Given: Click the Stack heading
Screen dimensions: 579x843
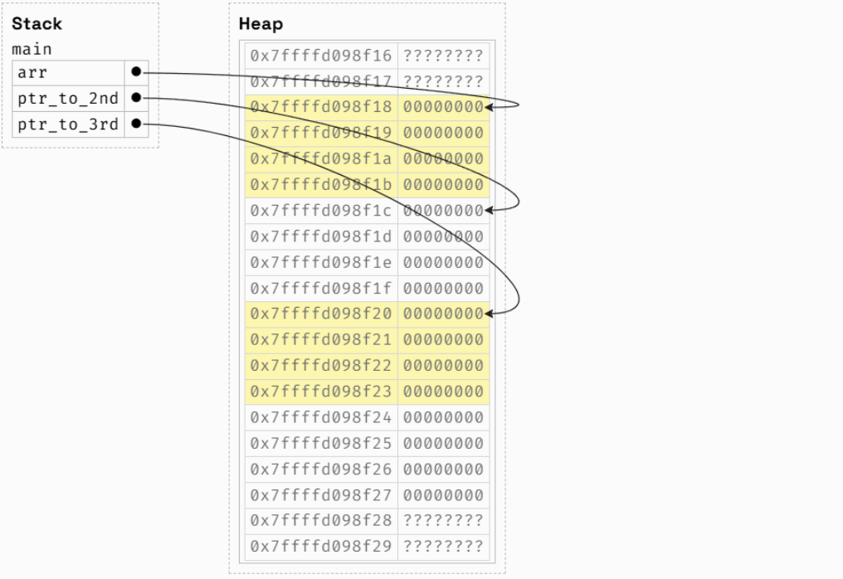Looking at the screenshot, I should click(x=37, y=23).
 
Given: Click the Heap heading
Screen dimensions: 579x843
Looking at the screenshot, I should click(x=261, y=23).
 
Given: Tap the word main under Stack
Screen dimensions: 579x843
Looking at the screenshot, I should click(x=32, y=49).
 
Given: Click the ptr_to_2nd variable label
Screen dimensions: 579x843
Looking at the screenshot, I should click(x=68, y=99).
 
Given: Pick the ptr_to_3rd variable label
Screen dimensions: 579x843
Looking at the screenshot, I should click(x=68, y=125).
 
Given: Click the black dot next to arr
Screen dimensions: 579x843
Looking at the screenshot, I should click(x=136, y=72).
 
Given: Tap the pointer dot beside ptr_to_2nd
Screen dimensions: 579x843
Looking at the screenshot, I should click(x=136, y=99).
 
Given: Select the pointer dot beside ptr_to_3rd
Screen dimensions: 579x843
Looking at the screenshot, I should click(x=136, y=125).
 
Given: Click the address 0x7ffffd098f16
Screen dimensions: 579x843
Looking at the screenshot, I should click(x=320, y=56).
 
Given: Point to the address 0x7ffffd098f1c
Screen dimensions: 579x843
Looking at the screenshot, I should click(x=320, y=211).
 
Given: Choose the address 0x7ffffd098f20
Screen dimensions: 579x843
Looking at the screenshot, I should click(x=320, y=314).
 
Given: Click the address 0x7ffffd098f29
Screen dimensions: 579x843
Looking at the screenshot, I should click(x=320, y=547).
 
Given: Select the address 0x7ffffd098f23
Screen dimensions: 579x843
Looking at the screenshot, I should click(x=320, y=392).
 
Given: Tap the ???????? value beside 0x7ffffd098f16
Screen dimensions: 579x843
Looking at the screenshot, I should click(x=443, y=56).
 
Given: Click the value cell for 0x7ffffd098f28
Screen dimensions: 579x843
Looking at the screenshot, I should click(x=443, y=521).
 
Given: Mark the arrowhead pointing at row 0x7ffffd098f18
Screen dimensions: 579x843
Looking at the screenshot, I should click(x=490, y=107).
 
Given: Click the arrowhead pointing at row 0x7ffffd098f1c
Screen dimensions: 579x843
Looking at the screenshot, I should click(x=490, y=210).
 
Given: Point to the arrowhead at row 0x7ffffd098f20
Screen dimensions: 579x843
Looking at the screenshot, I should click(x=490, y=314).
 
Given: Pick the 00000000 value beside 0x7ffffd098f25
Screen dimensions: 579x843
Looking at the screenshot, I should click(x=443, y=443).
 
